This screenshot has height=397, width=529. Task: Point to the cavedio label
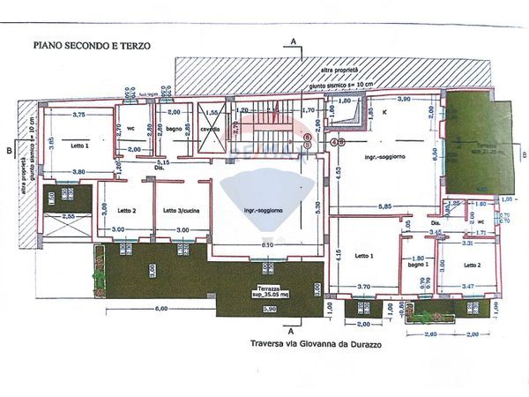coord(210,129)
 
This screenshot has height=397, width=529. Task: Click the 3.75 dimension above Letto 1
coord(78,115)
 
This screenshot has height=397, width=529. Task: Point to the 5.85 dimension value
coord(384,206)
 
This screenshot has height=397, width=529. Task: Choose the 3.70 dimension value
coord(362,287)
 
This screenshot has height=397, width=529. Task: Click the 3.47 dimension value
coord(467,287)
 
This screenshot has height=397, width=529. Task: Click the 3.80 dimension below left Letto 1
coord(78,172)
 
